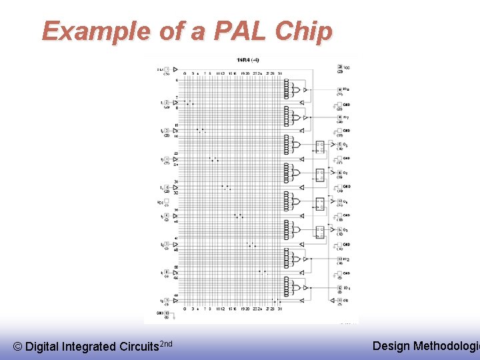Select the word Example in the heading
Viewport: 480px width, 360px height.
click(96, 31)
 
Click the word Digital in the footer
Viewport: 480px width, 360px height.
click(41, 346)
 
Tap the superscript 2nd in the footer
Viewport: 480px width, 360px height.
click(167, 343)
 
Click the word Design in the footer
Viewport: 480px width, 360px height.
click(391, 345)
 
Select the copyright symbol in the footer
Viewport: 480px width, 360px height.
click(18, 346)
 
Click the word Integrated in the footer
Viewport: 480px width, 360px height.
click(89, 346)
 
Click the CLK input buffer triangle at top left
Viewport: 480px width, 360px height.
click(168, 69)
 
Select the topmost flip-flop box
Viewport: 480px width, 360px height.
click(321, 146)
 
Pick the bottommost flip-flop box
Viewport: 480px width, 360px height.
click(321, 231)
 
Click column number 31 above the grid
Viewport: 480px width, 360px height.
click(280, 73)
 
